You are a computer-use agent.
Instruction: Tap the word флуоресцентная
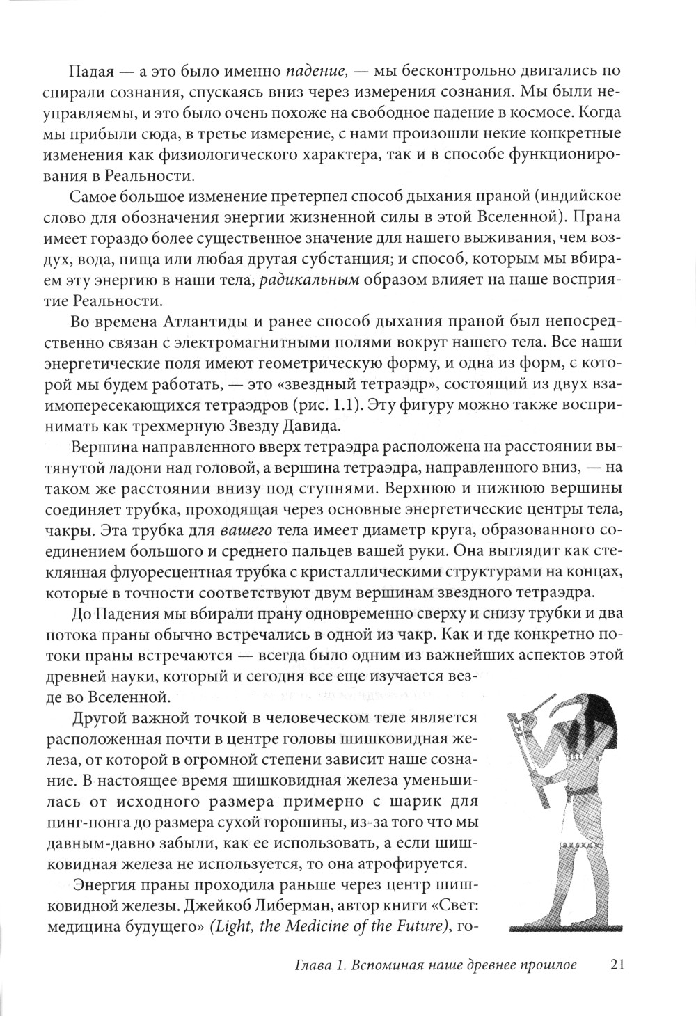coord(198,575)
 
